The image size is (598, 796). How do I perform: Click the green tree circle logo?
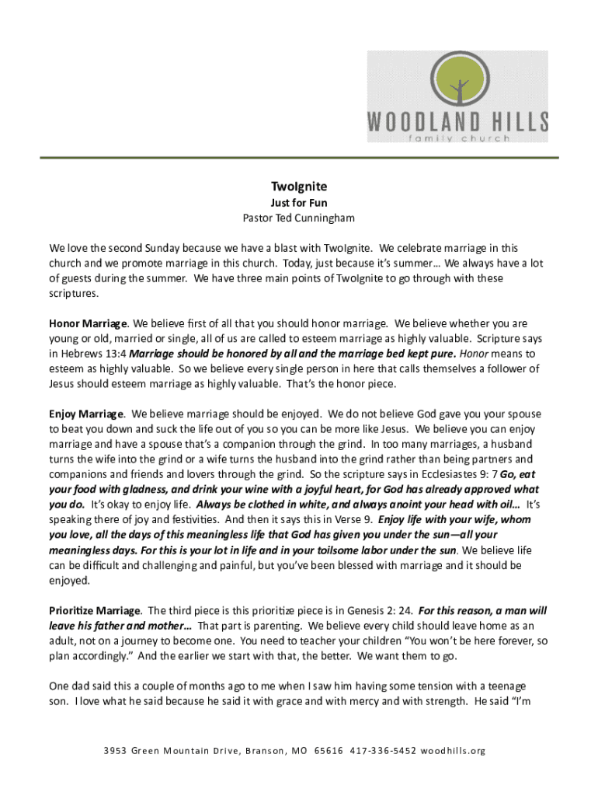click(457, 80)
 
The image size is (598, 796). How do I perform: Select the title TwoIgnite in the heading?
click(299, 187)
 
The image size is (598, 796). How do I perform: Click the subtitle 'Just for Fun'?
click(299, 203)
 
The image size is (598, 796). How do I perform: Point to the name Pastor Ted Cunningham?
click(299, 218)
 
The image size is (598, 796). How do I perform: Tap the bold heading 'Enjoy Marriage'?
click(86, 414)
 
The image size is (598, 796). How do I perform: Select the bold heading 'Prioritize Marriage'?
click(95, 611)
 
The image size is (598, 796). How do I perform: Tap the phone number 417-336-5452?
click(384, 751)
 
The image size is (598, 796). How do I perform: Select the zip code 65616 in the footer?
click(329, 751)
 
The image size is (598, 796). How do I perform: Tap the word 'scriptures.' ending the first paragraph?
click(75, 294)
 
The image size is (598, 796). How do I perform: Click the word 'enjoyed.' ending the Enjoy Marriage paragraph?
click(71, 581)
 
